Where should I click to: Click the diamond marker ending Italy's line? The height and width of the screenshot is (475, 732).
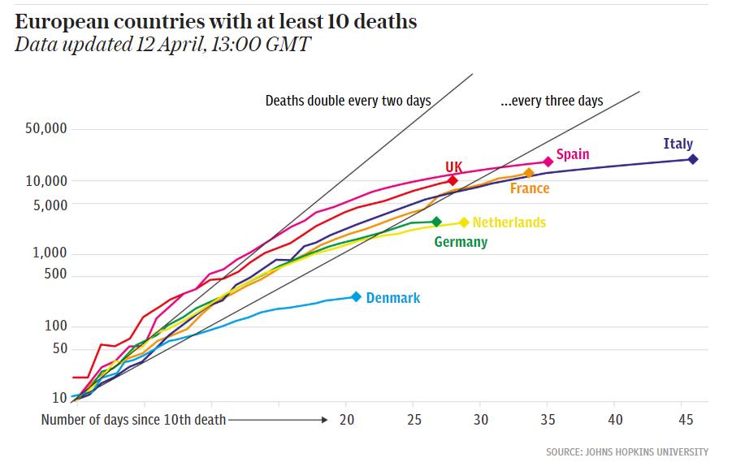click(x=693, y=159)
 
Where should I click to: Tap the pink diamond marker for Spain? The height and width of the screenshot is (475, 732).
click(x=548, y=162)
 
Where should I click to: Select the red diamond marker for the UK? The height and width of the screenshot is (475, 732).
click(x=453, y=180)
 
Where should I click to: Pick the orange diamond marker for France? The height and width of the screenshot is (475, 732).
click(x=529, y=173)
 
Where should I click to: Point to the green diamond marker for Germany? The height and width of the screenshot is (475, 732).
click(x=436, y=222)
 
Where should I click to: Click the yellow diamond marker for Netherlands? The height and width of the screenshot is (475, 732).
click(x=464, y=222)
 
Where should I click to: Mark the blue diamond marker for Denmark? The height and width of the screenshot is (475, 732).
click(x=356, y=297)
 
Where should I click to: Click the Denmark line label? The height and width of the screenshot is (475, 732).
click(x=393, y=298)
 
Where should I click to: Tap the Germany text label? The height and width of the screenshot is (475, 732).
click(x=461, y=242)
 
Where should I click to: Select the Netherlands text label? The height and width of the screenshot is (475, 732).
click(x=509, y=222)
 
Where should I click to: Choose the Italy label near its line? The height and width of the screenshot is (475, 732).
click(x=678, y=144)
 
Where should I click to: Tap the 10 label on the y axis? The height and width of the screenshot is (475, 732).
click(x=60, y=398)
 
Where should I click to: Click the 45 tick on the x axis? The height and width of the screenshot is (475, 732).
click(x=685, y=420)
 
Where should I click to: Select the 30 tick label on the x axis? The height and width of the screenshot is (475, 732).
click(x=481, y=420)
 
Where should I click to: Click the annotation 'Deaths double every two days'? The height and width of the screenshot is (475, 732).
click(x=348, y=101)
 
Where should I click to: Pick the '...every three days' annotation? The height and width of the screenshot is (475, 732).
click(x=552, y=101)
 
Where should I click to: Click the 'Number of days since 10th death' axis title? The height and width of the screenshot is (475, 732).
click(x=134, y=420)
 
